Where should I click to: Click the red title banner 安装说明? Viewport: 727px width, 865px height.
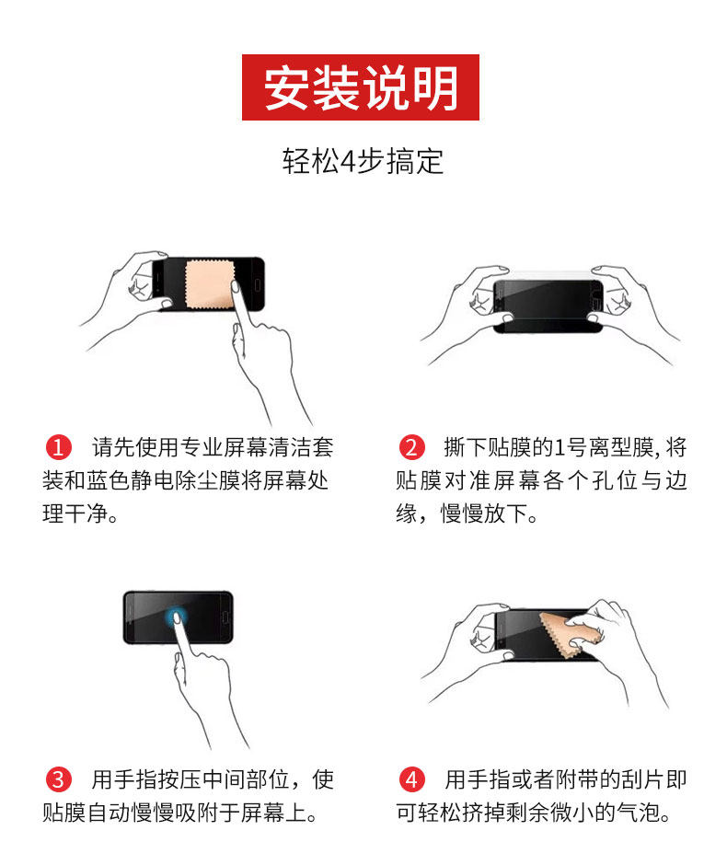[x=360, y=87]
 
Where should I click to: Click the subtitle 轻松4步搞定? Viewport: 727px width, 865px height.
[x=363, y=161]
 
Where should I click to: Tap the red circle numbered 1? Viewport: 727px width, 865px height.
[x=59, y=447]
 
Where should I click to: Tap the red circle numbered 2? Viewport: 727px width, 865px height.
[x=411, y=447]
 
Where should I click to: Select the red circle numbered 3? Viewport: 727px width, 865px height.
[x=59, y=779]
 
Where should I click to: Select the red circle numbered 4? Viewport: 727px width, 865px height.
[x=411, y=779]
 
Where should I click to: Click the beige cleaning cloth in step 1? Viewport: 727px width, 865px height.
[x=210, y=284]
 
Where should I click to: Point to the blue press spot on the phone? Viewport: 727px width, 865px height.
[x=176, y=617]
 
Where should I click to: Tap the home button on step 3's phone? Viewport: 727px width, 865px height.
[x=225, y=617]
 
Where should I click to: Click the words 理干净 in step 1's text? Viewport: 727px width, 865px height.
[x=75, y=513]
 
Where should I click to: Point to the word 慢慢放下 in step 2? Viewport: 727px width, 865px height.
[x=483, y=513]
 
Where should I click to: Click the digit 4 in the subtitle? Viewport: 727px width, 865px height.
[x=348, y=162]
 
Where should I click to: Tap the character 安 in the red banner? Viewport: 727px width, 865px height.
[x=286, y=87]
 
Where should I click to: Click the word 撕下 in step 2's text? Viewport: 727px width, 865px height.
[x=466, y=447]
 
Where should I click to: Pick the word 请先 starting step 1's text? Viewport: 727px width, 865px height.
[x=113, y=447]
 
